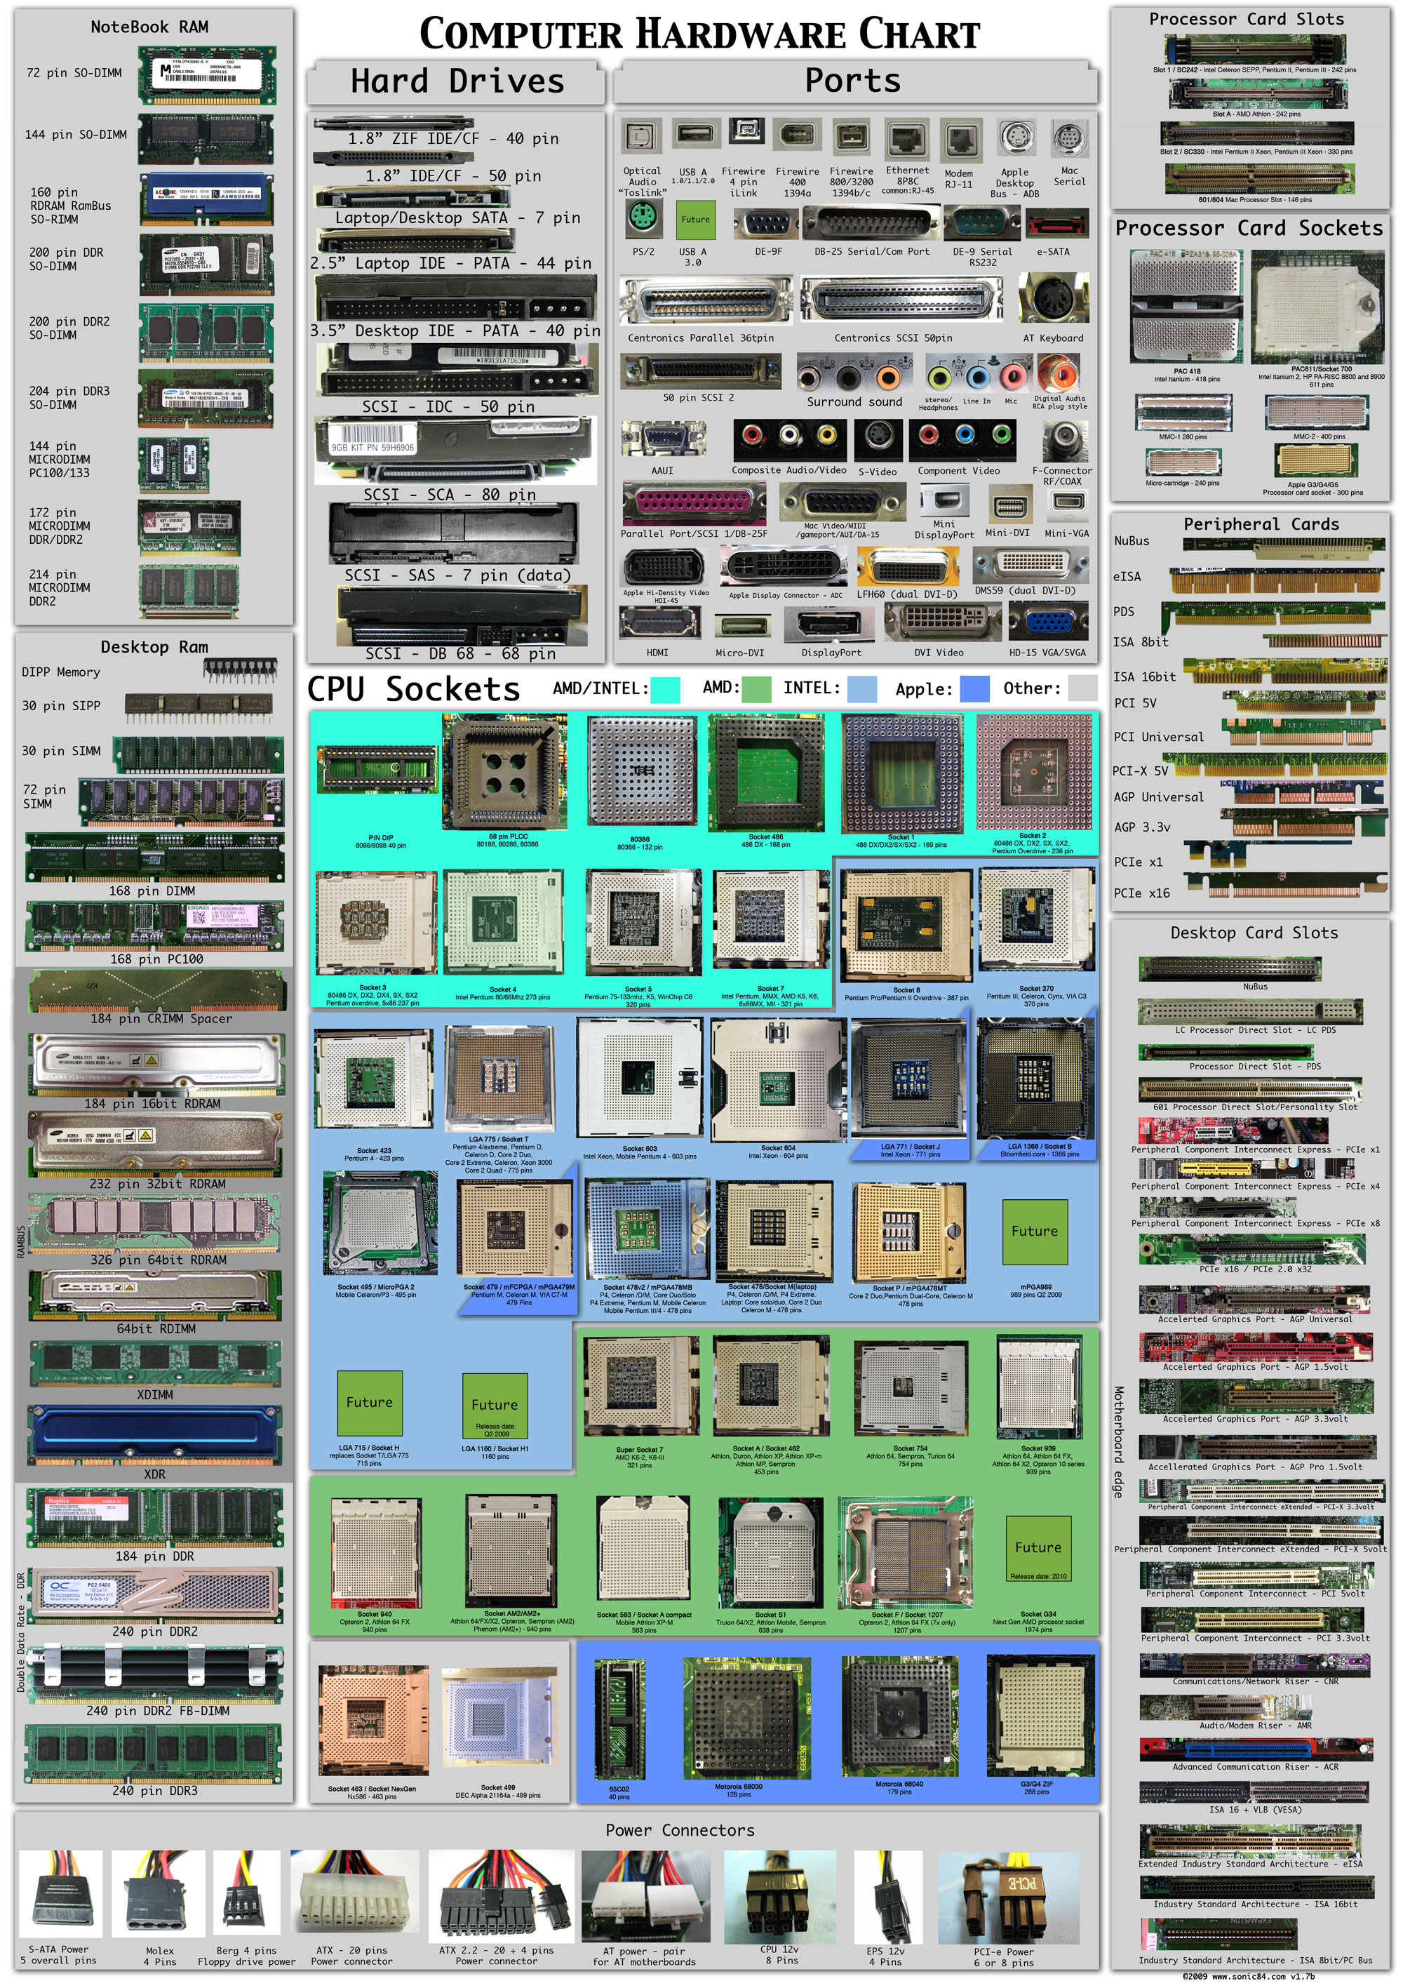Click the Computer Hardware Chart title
[x=699, y=34]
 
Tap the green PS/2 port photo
[x=642, y=219]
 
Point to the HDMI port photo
[x=658, y=623]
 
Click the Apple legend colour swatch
[x=974, y=688]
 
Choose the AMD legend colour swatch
[x=756, y=688]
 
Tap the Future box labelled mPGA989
[x=1034, y=1232]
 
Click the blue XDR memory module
[x=155, y=1435]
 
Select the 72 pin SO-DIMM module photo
[x=207, y=75]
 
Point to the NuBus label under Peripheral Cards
[x=1132, y=541]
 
